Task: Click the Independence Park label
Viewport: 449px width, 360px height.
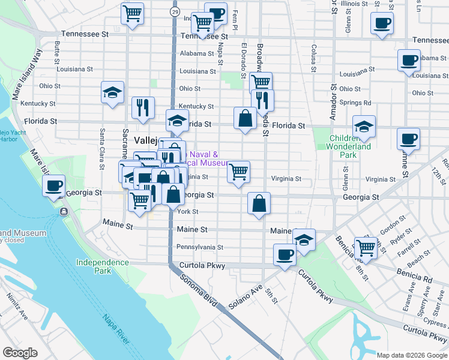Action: (x=102, y=266)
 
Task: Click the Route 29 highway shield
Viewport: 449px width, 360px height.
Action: (x=174, y=12)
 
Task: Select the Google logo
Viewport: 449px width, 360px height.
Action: (x=20, y=353)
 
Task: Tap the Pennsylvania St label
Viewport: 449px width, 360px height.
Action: (x=199, y=247)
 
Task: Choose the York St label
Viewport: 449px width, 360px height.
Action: (x=187, y=212)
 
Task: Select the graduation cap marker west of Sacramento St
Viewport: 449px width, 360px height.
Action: (x=112, y=92)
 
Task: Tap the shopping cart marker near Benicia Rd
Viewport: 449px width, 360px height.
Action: (x=365, y=246)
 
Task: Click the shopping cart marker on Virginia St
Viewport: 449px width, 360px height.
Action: (x=239, y=172)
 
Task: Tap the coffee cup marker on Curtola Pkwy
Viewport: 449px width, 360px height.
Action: (x=285, y=254)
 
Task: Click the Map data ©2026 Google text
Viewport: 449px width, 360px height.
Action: (x=412, y=355)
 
